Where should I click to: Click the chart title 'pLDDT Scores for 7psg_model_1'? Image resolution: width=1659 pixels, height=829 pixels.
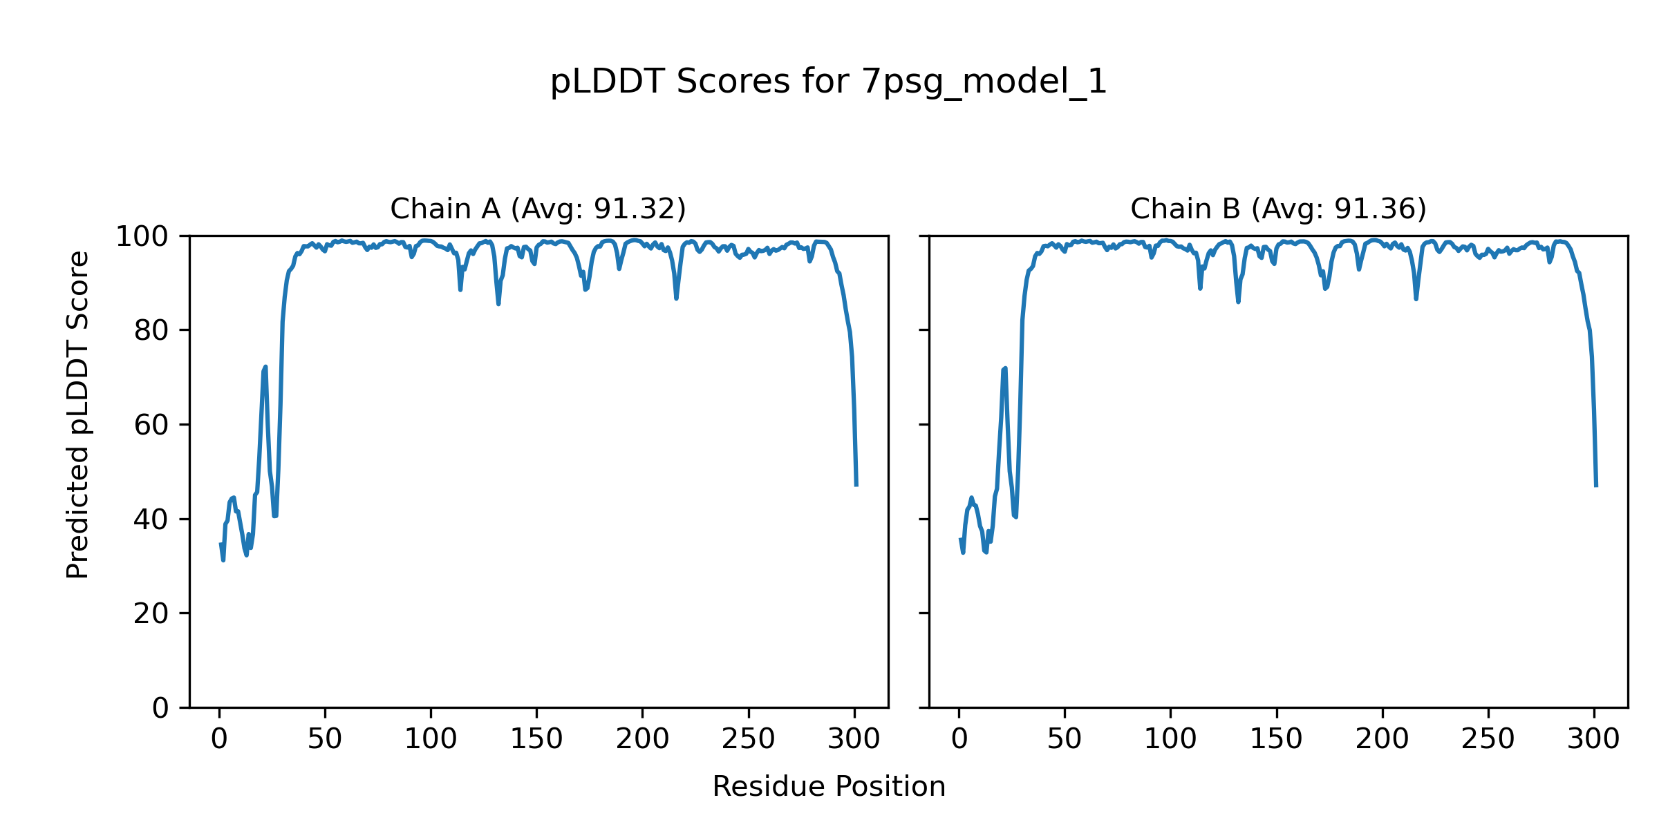pyautogui.click(x=828, y=82)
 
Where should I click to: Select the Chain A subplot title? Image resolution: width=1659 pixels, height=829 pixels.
pyautogui.click(x=538, y=209)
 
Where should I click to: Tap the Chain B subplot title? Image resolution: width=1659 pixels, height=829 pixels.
pyautogui.click(x=1278, y=209)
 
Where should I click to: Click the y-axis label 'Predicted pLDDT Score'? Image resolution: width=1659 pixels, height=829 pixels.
pyautogui.click(x=77, y=414)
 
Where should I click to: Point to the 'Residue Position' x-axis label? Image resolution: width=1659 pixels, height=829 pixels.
pyautogui.click(x=828, y=787)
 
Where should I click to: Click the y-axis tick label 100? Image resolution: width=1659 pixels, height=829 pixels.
pyautogui.click(x=142, y=237)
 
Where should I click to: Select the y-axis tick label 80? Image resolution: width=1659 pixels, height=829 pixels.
pyautogui.click(x=151, y=331)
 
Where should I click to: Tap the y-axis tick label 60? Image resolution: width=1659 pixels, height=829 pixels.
pyautogui.click(x=151, y=426)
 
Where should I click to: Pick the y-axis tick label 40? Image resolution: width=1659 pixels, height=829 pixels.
pyautogui.click(x=151, y=520)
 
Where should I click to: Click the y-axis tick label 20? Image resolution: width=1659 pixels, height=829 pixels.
pyautogui.click(x=151, y=613)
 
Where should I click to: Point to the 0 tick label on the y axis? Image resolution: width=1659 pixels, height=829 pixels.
pyautogui.click(x=160, y=708)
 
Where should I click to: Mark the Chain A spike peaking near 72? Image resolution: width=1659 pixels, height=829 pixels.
pyautogui.click(x=265, y=368)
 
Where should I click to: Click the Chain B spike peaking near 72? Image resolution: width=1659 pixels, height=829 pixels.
pyautogui.click(x=1005, y=369)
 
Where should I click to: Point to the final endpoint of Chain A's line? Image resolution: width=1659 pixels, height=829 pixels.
pyautogui.click(x=856, y=485)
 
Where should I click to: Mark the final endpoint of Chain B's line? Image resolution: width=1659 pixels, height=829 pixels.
pyautogui.click(x=1596, y=486)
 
